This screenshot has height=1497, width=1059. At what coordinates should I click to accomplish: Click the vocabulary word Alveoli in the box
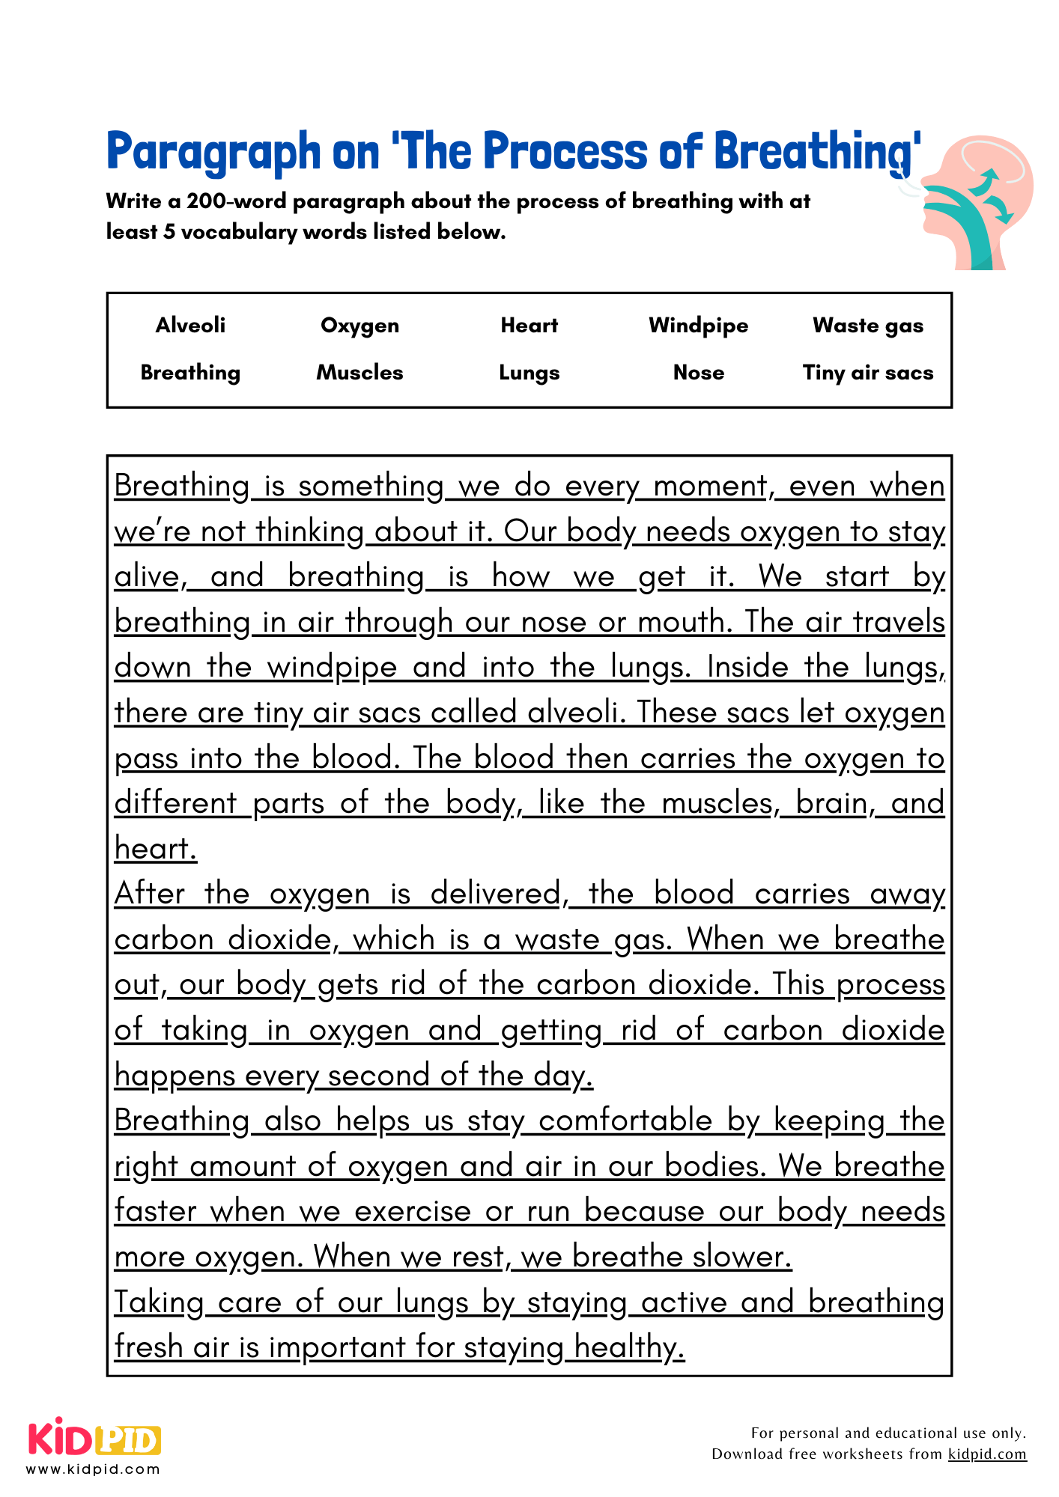pos(190,325)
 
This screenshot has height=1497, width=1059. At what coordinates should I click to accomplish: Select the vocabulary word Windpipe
pos(698,326)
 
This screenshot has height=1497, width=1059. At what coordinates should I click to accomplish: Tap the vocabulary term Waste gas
pos(867,326)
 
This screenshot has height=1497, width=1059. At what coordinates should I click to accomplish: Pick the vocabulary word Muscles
pos(359,372)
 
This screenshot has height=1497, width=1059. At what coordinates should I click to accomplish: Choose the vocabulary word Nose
pos(698,372)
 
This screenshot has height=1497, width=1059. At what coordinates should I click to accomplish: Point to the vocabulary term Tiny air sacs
pos(867,373)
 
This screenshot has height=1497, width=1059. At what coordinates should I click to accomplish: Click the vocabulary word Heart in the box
pos(529,325)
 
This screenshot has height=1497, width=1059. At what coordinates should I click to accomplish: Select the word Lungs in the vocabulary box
pos(529,373)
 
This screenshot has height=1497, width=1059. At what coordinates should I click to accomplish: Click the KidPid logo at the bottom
pos(94,1438)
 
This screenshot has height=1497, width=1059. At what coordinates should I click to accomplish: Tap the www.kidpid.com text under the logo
pos(94,1469)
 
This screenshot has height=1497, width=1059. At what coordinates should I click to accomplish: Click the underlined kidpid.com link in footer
pos(986,1454)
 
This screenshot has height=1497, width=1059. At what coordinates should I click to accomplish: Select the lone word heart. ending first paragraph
pos(156,849)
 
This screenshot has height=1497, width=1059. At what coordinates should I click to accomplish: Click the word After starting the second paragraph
pos(150,894)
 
